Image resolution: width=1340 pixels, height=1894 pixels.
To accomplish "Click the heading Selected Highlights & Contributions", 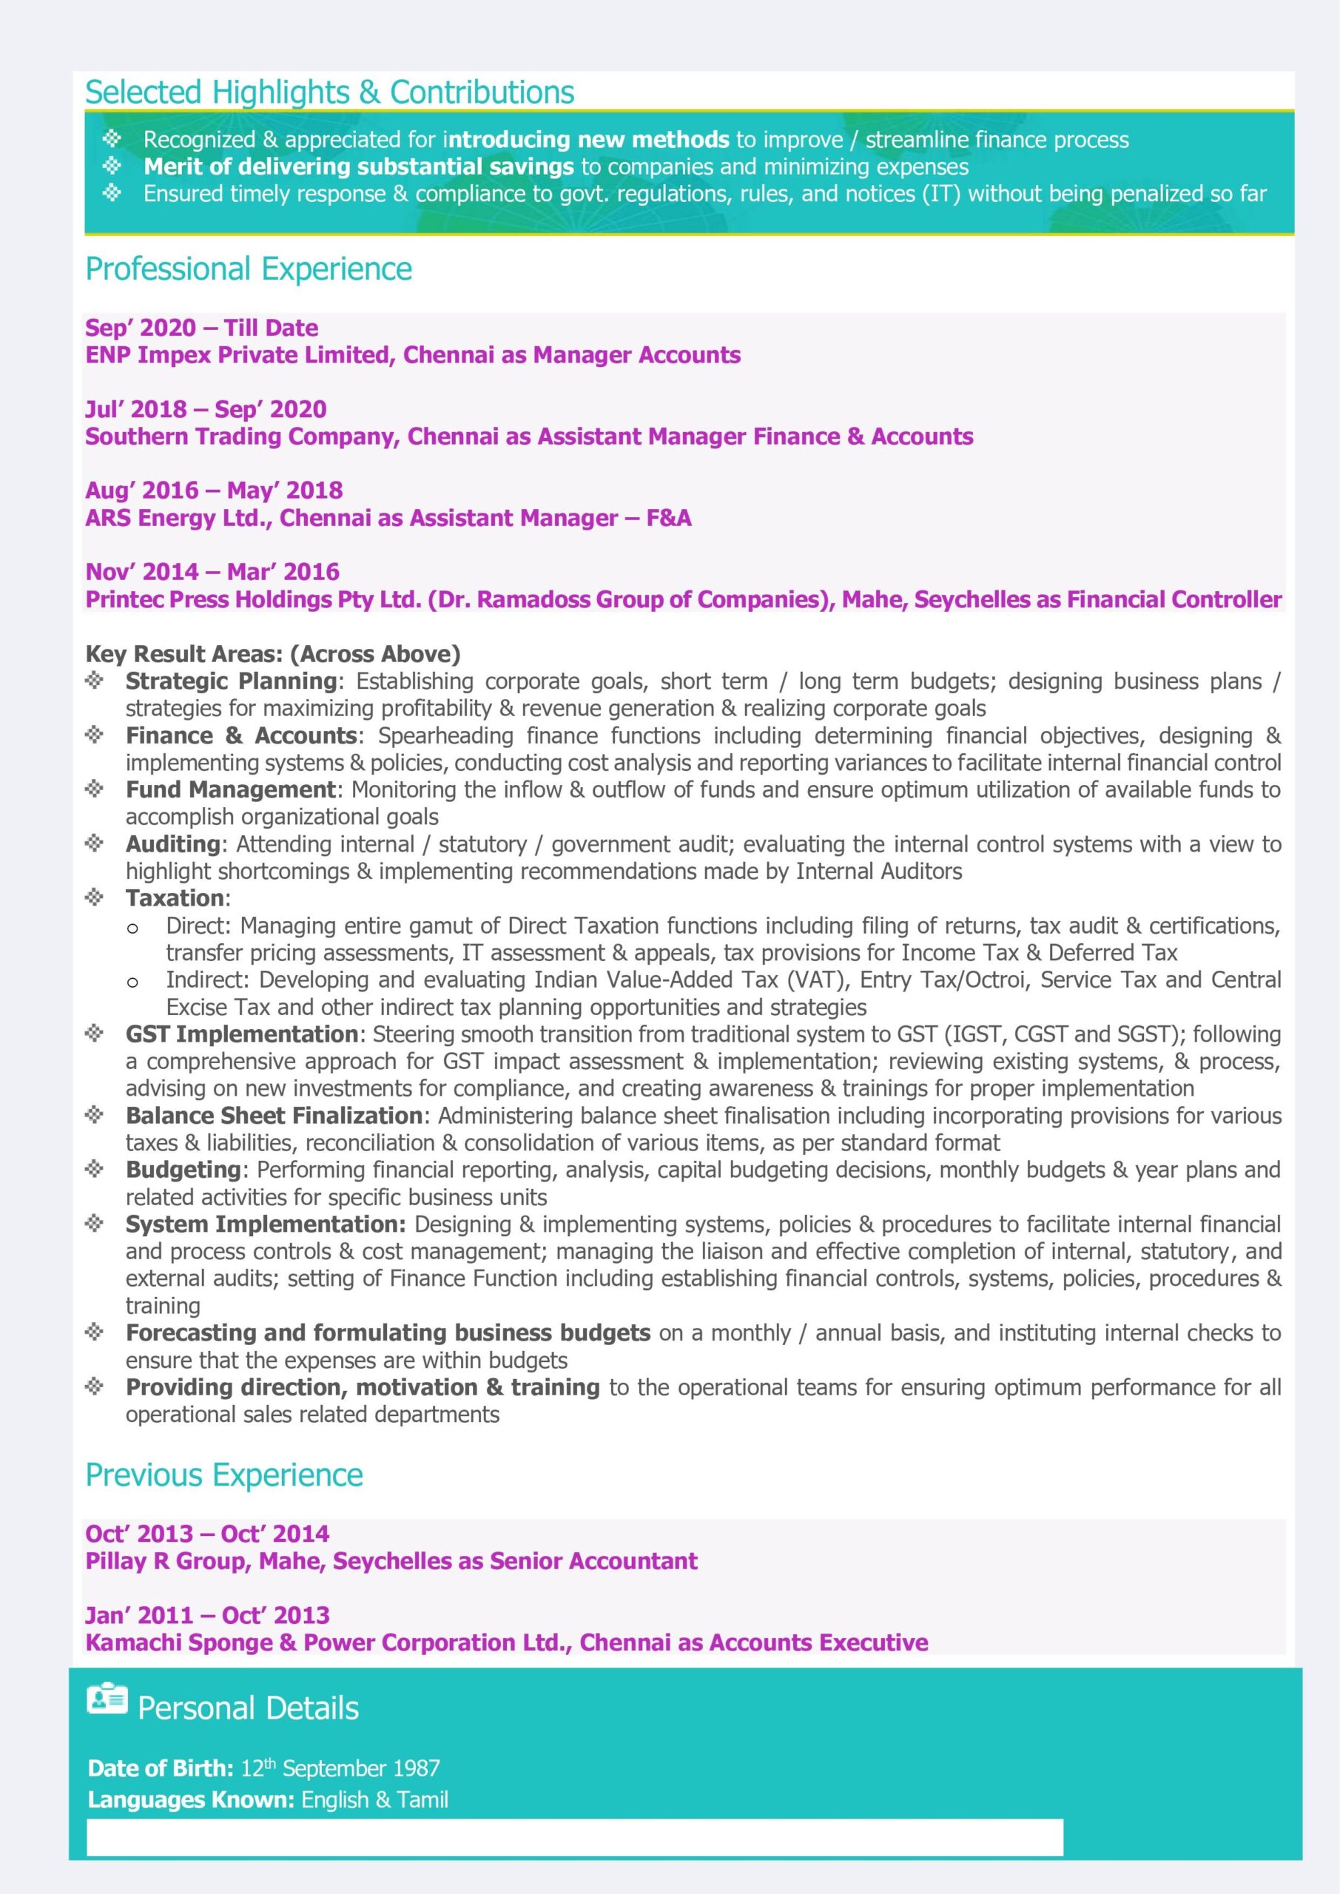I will (x=329, y=92).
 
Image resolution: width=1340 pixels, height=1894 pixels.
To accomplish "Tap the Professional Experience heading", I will (x=249, y=269).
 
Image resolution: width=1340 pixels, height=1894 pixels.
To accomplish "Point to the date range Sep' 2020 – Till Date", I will (x=201, y=328).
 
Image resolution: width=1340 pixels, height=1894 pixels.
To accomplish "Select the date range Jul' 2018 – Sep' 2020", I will (x=206, y=409).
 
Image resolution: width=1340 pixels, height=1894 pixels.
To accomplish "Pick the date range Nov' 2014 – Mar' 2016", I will (x=212, y=572).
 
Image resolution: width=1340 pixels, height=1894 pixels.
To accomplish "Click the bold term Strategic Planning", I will (x=231, y=681).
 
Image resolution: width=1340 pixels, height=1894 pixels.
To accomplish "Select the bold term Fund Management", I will (x=231, y=789).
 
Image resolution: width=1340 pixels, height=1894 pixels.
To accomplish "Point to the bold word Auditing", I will (x=172, y=844).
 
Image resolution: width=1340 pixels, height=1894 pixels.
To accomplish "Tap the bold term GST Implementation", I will (x=241, y=1034).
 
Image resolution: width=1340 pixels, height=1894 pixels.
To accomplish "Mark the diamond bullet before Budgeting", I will (x=95, y=1169).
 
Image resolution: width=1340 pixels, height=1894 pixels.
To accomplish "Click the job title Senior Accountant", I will (x=593, y=1562).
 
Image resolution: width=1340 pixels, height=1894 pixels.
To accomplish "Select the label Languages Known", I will (x=191, y=1799).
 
